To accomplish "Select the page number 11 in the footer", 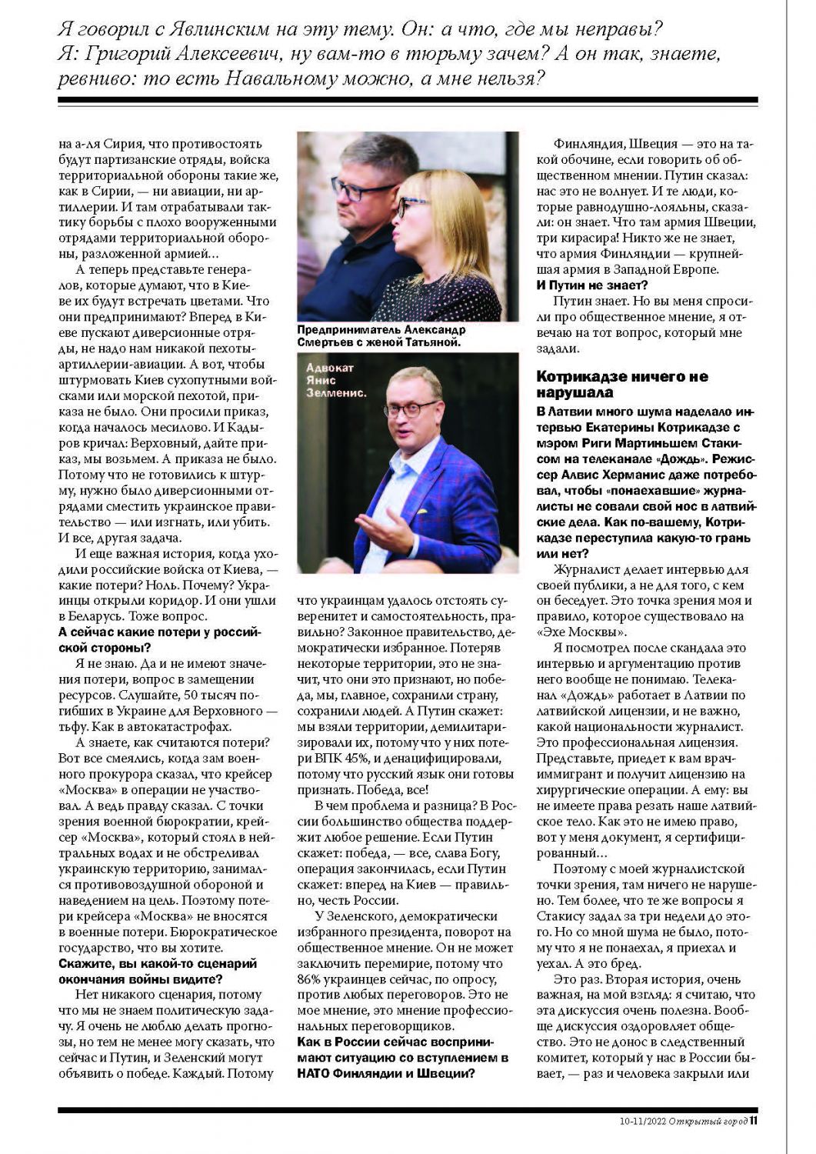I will tap(754, 1120).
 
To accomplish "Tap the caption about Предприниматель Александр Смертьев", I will tap(381, 335).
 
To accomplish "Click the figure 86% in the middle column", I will tap(310, 979).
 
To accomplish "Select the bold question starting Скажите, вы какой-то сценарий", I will tap(158, 971).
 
